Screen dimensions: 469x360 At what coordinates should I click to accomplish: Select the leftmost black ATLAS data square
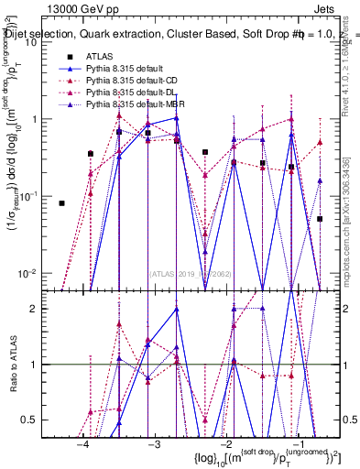pyautogui.click(x=62, y=203)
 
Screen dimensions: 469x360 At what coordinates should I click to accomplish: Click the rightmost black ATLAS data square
pyautogui.click(x=320, y=219)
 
